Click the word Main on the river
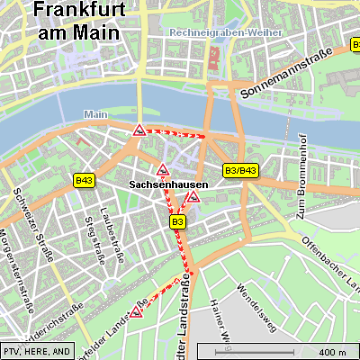(x=94, y=114)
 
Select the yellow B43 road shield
(x=85, y=181)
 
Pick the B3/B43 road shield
(x=240, y=170)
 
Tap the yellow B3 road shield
(x=177, y=221)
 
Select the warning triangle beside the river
(x=140, y=130)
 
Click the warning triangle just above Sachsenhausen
(x=163, y=170)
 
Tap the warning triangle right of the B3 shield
(x=193, y=196)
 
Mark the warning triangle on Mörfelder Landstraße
(x=137, y=312)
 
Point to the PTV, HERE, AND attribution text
(x=37, y=351)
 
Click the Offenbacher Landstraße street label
(x=330, y=262)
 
